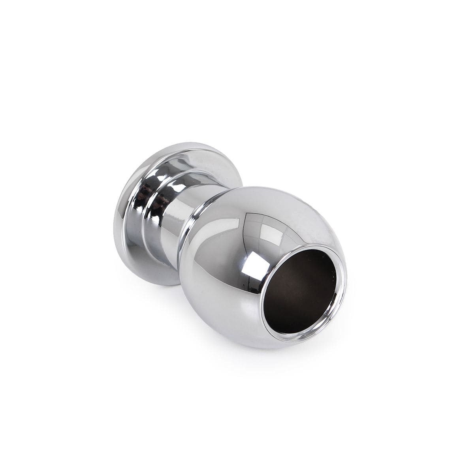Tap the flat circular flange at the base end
pos(122,221)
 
